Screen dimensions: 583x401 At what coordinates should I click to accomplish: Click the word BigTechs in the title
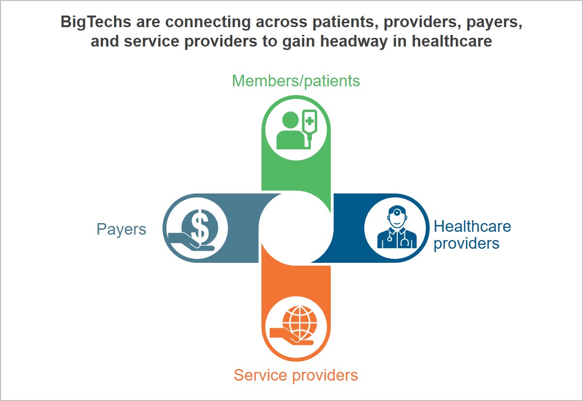(96, 22)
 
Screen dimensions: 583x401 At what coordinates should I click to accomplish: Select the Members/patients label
(296, 81)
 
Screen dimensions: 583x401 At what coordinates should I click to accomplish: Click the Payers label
(121, 229)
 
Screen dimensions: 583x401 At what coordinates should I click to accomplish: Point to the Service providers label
(296, 375)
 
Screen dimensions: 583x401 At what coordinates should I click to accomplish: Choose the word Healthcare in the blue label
(472, 226)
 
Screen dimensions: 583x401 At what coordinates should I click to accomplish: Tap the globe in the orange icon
(300, 321)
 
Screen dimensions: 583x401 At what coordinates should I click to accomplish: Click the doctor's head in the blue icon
(397, 217)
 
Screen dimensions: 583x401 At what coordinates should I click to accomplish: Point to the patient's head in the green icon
(290, 120)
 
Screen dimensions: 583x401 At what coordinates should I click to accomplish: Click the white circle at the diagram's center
(296, 228)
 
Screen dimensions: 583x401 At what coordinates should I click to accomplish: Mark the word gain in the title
(299, 42)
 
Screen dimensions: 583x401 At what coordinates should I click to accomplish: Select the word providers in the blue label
(467, 244)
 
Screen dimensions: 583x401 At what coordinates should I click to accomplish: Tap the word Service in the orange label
(261, 375)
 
